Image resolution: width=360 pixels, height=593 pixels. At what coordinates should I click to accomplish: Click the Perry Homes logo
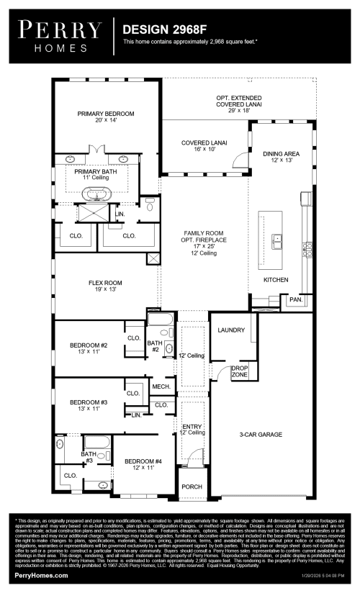60,34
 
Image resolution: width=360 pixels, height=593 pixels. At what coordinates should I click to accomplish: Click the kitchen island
274,240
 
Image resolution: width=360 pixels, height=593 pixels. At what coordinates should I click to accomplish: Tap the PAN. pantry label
295,299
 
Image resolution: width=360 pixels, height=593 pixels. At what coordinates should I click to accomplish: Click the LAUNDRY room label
231,330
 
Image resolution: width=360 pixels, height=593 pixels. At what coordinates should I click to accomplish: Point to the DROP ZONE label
240,372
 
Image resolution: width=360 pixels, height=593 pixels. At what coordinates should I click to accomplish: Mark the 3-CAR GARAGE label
261,435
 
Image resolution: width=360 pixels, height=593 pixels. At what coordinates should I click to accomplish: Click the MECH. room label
161,386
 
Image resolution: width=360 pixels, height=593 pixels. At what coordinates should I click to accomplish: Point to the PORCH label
192,486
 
